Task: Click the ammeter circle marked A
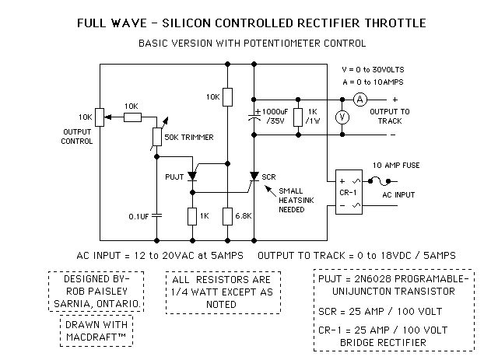tap(359, 100)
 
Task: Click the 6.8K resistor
tap(226, 216)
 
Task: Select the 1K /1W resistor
tap(298, 115)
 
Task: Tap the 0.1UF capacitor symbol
tap(156, 215)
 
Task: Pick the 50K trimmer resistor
tap(157, 136)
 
